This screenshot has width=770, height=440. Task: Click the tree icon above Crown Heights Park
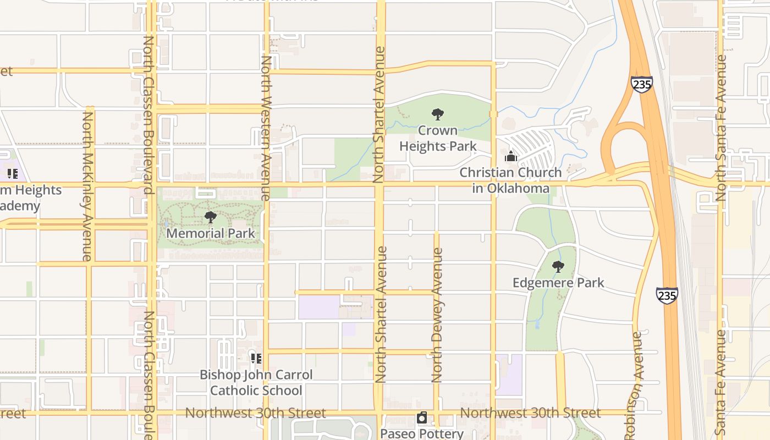click(438, 114)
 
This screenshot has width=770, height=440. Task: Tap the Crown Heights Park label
click(438, 138)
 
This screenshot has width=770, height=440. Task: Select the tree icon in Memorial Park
click(210, 217)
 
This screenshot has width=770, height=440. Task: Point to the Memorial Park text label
click(211, 233)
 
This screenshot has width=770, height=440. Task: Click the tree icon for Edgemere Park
click(558, 267)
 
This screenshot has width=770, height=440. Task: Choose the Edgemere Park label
click(558, 283)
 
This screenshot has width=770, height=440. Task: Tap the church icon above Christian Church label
click(511, 156)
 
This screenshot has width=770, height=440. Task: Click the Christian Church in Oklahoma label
click(511, 180)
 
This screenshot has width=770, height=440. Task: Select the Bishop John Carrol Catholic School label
click(256, 382)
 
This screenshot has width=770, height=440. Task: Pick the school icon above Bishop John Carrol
click(256, 359)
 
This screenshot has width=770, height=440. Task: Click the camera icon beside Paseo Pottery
click(422, 418)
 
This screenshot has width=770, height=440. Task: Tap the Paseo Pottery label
click(422, 433)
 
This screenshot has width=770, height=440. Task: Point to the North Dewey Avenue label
click(437, 315)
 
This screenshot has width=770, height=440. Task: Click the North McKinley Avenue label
click(87, 186)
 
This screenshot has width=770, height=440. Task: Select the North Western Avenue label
click(266, 128)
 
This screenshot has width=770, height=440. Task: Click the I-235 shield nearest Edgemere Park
click(667, 295)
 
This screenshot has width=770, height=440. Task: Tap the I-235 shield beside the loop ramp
click(641, 84)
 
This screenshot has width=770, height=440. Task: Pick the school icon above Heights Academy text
click(13, 174)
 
